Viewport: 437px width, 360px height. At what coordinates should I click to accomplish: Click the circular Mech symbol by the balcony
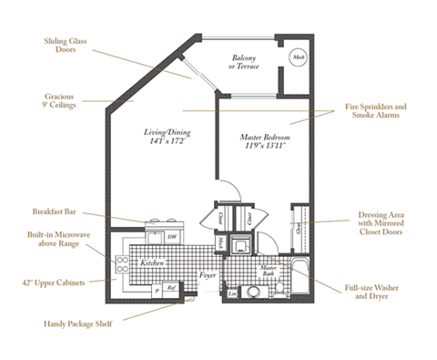click(x=298, y=57)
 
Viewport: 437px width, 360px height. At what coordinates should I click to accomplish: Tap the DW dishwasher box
click(x=172, y=235)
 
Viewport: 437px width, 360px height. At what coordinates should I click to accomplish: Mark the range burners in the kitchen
click(x=121, y=264)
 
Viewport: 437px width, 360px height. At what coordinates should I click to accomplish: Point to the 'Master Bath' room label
click(x=268, y=269)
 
